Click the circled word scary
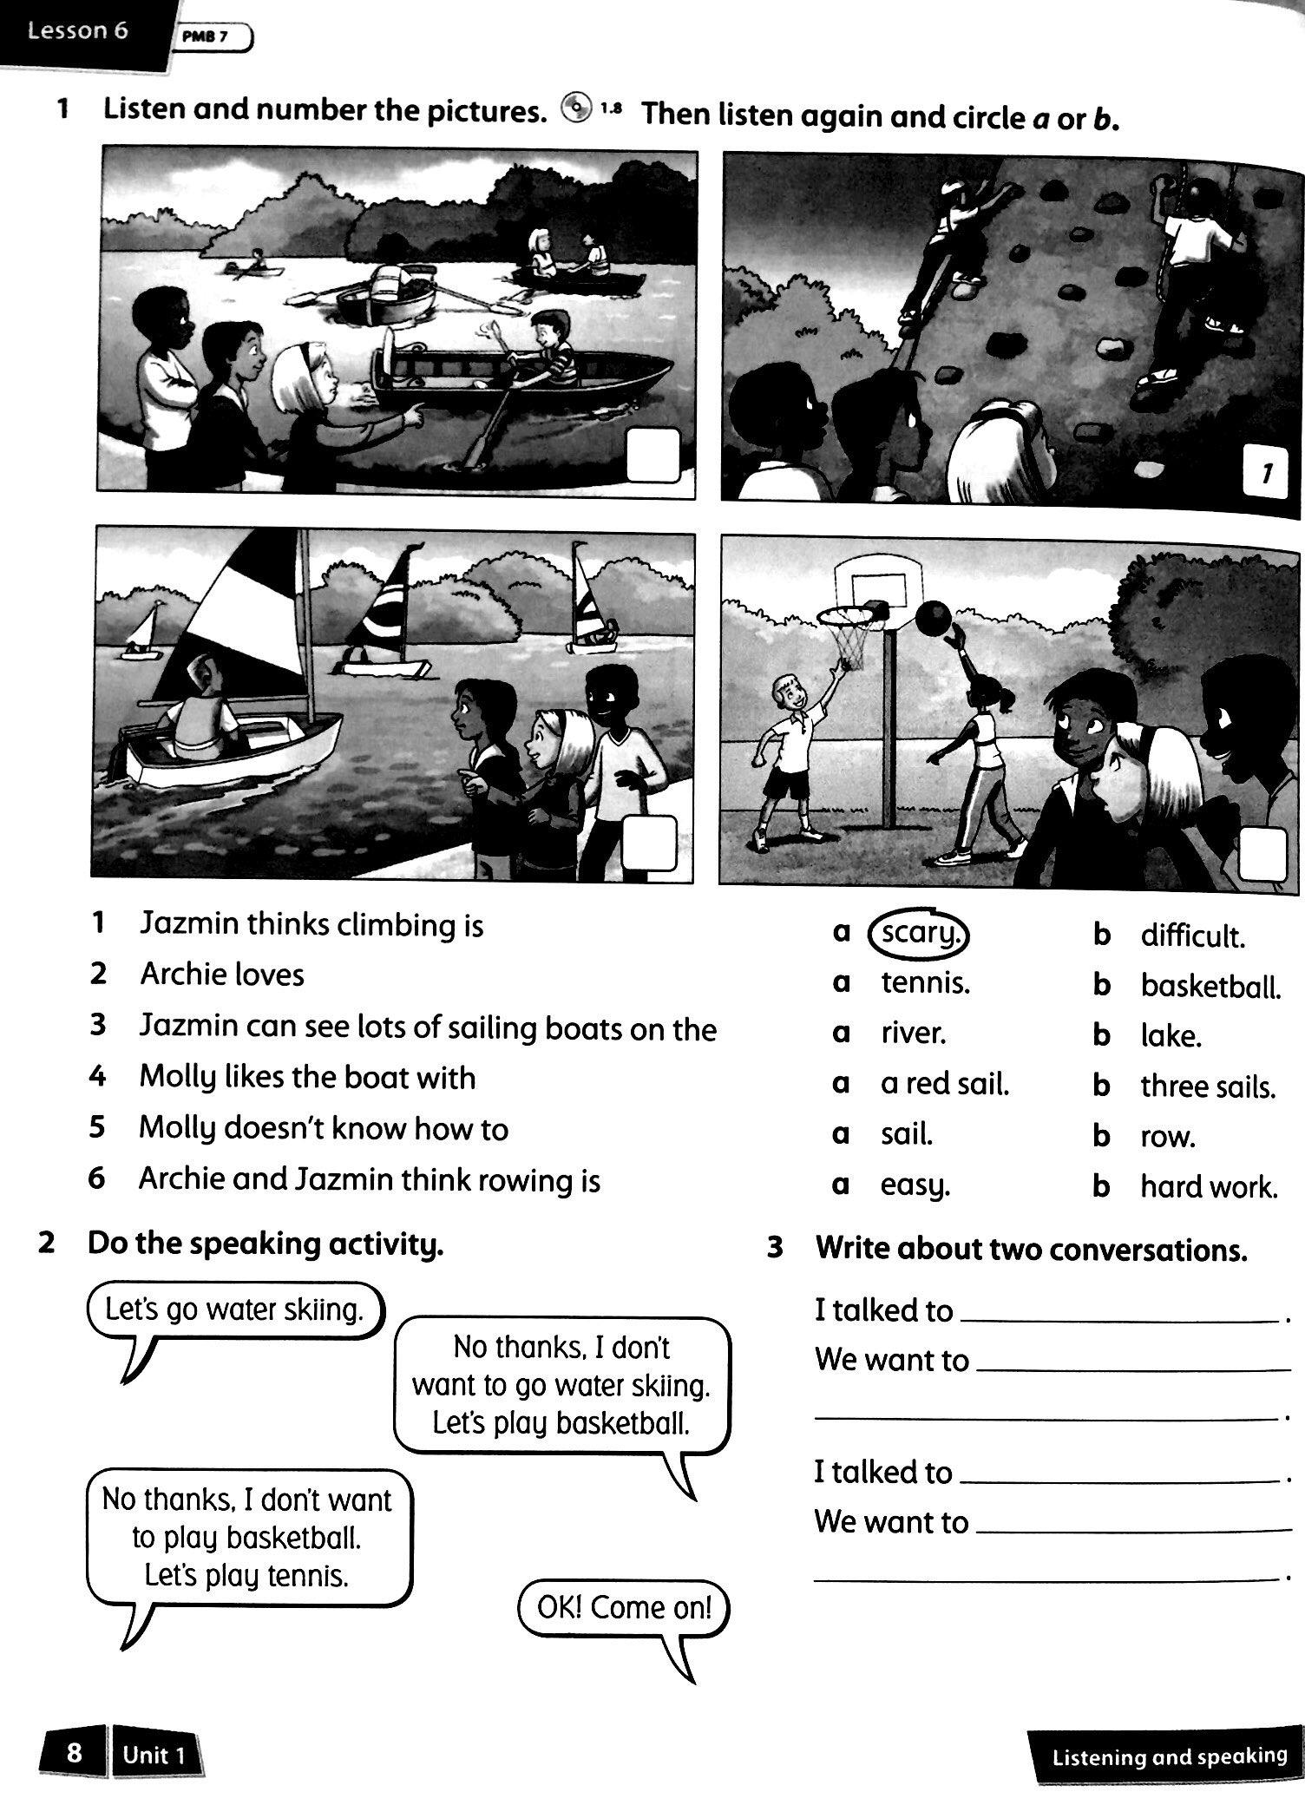click(919, 933)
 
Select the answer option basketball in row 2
click(1210, 986)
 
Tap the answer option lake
click(1171, 1036)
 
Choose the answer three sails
click(1207, 1086)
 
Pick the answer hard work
click(1209, 1187)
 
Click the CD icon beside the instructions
click(576, 110)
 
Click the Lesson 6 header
click(78, 31)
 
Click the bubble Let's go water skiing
click(234, 1309)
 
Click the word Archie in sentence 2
click(180, 975)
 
